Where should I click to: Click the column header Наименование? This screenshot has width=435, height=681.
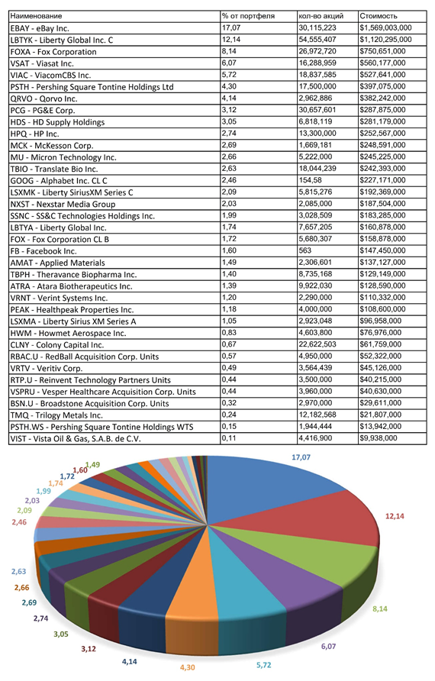36,16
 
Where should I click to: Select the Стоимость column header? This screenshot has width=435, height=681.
378,16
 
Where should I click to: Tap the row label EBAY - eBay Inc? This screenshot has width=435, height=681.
40,28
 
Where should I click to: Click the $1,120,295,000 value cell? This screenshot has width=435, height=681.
385,40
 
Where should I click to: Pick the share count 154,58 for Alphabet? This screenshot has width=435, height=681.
311,180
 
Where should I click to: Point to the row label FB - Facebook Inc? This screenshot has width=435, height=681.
43,251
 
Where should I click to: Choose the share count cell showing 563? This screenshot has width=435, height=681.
305,250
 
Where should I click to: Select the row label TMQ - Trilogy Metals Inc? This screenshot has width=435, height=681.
56,415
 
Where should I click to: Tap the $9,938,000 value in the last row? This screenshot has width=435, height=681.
378,438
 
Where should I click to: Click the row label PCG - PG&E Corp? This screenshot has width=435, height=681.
43,110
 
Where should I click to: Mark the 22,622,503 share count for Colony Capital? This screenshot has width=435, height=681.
317,344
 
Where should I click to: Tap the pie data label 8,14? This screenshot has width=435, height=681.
380,609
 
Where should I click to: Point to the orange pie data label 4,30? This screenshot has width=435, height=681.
188,667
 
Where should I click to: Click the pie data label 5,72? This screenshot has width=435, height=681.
263,665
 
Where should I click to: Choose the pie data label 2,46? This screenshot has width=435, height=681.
19,522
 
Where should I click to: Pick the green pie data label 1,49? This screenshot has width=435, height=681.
92,465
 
